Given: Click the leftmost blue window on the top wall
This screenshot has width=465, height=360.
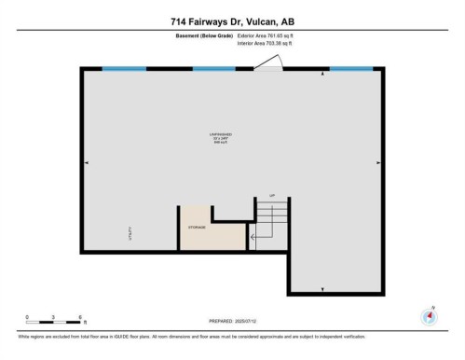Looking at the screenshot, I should [x=124, y=69].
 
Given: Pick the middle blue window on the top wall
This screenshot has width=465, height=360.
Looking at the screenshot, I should [x=213, y=69].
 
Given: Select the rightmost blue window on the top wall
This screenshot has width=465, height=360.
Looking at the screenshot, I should [x=352, y=69].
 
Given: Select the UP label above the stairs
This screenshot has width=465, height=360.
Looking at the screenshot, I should [x=273, y=196].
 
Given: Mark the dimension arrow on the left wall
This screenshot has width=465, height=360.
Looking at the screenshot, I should [x=87, y=163].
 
